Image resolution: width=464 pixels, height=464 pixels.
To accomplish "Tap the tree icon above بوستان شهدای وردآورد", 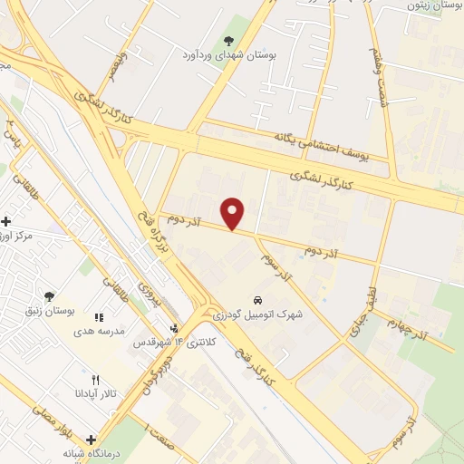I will pyautogui.click(x=227, y=39).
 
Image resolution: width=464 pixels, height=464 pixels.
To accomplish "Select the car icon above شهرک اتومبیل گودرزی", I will pyautogui.click(x=258, y=299).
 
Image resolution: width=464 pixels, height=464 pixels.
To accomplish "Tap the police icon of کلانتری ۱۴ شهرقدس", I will pyautogui.click(x=174, y=328).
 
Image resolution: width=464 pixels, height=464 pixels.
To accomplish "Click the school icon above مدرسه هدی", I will pyautogui.click(x=100, y=317).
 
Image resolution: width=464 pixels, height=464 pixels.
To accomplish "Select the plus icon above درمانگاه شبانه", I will pyautogui.click(x=91, y=439).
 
